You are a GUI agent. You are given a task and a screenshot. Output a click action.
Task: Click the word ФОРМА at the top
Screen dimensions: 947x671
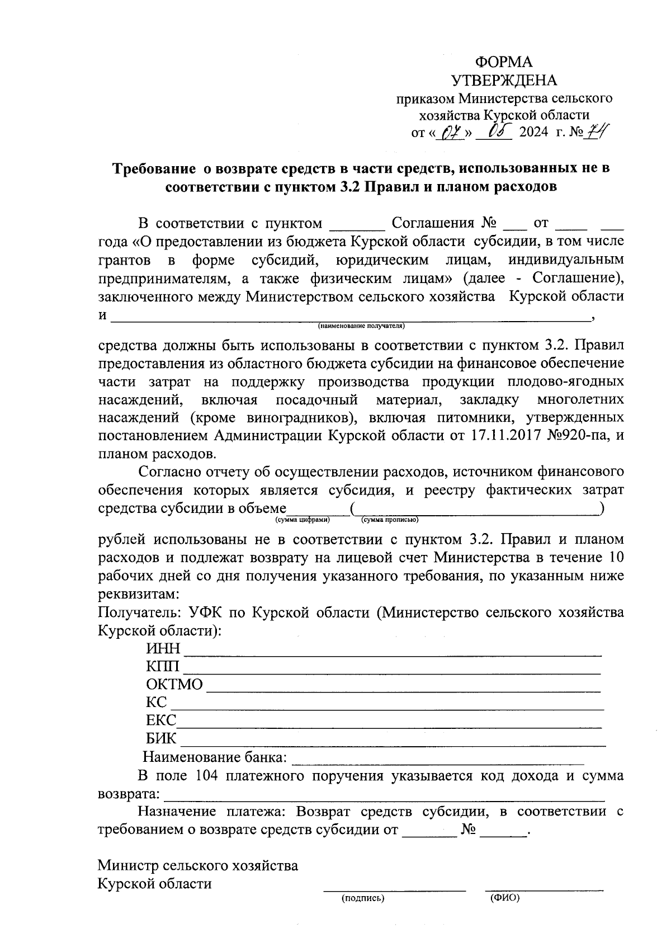pos(504,62)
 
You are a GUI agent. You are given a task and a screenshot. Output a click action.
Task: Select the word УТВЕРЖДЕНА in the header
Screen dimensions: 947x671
pos(504,81)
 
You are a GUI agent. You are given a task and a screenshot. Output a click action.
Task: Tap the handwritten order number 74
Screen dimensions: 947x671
pos(599,133)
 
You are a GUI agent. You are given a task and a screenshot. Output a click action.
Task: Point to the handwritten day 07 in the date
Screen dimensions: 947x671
pos(451,134)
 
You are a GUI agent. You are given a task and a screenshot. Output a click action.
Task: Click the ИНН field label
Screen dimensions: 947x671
pos(163,648)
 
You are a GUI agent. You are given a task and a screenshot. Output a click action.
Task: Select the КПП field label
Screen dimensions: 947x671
pos(163,666)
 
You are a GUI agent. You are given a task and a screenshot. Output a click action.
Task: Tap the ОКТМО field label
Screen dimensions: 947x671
pos(174,685)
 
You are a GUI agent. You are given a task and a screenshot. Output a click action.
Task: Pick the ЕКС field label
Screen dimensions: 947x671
pos(161,720)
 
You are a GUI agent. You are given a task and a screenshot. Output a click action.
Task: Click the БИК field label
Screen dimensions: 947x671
pos(161,738)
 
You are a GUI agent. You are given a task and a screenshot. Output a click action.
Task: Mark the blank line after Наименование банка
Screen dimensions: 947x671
pos(438,761)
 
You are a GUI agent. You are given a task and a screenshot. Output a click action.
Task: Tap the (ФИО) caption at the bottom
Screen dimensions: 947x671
pos(504,898)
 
